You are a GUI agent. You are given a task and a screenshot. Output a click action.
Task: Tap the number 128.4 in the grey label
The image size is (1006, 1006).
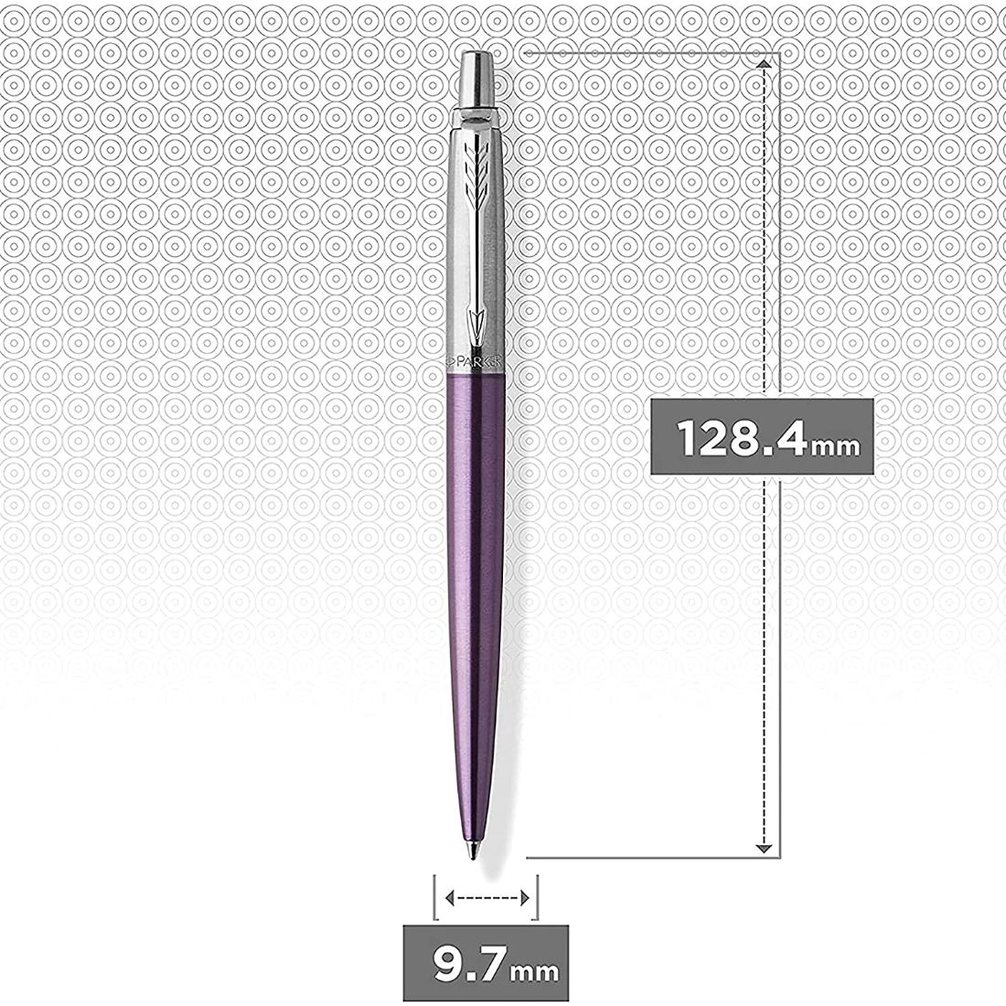click(x=740, y=438)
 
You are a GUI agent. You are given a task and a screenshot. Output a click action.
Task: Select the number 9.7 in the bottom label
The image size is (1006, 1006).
click(x=462, y=964)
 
